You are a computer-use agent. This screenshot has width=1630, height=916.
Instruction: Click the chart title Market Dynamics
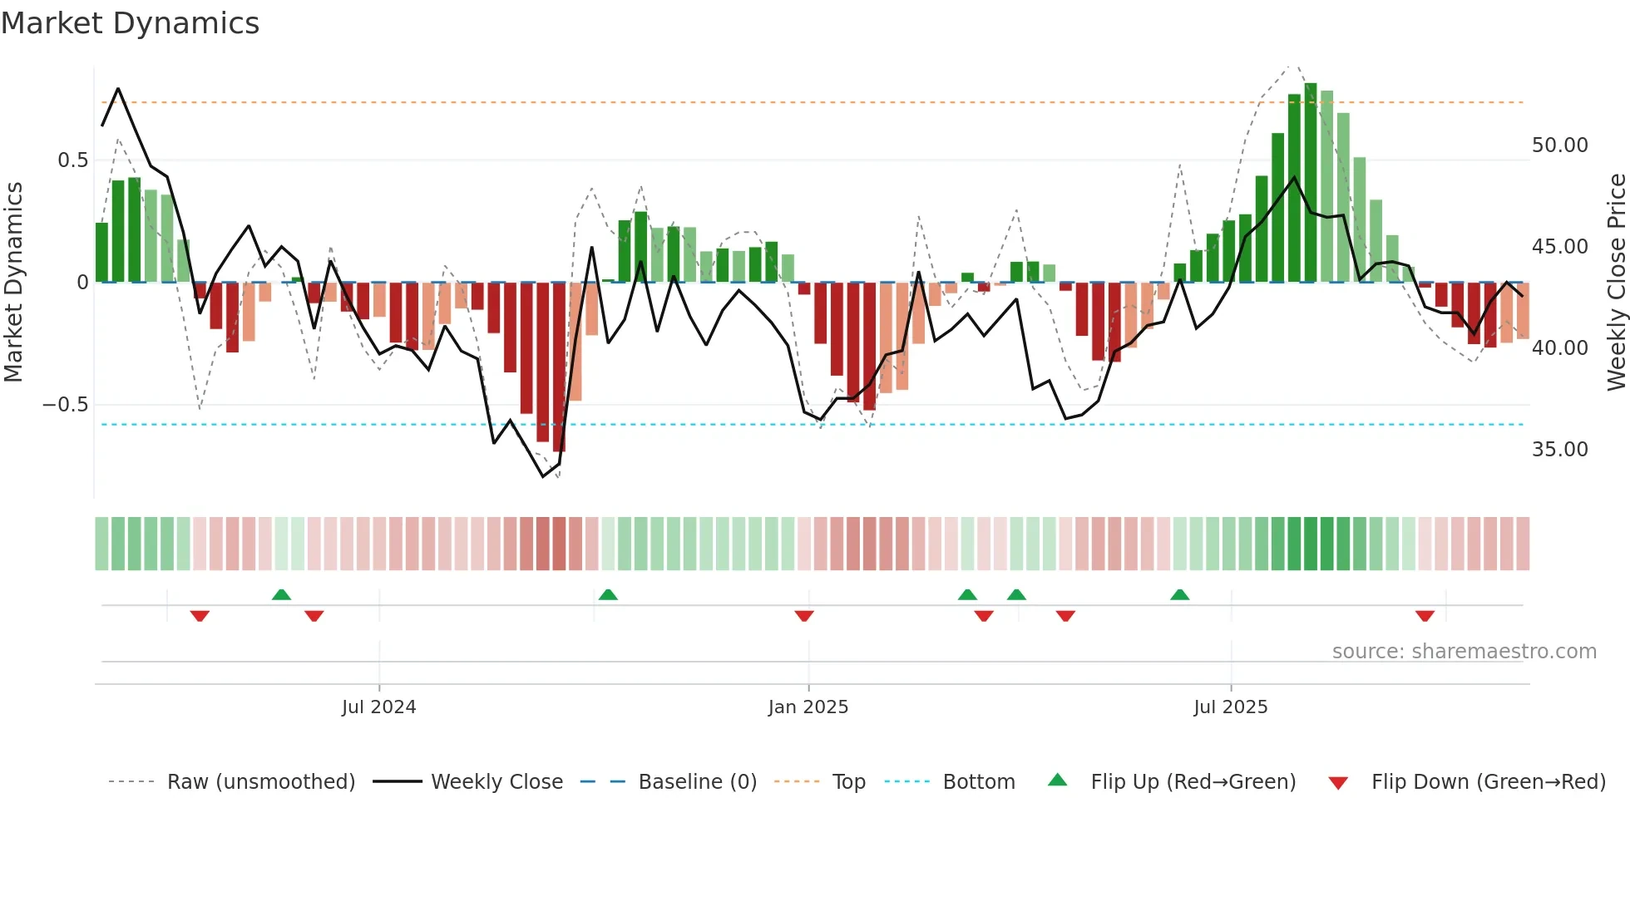point(130,23)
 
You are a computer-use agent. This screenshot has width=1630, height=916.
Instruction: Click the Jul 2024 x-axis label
point(378,707)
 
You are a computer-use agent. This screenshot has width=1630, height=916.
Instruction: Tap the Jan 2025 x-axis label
point(808,707)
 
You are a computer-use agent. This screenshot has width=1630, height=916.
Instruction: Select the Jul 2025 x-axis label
point(1230,707)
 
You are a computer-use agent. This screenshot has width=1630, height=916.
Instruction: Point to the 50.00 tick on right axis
point(1559,145)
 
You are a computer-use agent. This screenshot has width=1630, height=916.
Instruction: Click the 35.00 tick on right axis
point(1559,450)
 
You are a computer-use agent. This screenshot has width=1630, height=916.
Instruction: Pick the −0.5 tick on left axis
point(65,405)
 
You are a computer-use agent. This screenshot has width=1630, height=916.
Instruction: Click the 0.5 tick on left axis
point(72,160)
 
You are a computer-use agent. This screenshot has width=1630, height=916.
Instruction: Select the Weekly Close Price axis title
point(1616,283)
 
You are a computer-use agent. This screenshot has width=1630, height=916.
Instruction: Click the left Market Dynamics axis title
point(13,283)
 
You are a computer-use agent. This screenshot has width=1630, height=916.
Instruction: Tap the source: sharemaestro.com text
point(1464,652)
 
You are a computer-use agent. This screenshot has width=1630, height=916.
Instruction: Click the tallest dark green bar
point(1311,183)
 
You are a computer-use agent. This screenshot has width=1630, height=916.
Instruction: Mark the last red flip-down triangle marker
point(1425,616)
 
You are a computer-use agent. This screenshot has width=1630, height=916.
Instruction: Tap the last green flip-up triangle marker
point(1179,594)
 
